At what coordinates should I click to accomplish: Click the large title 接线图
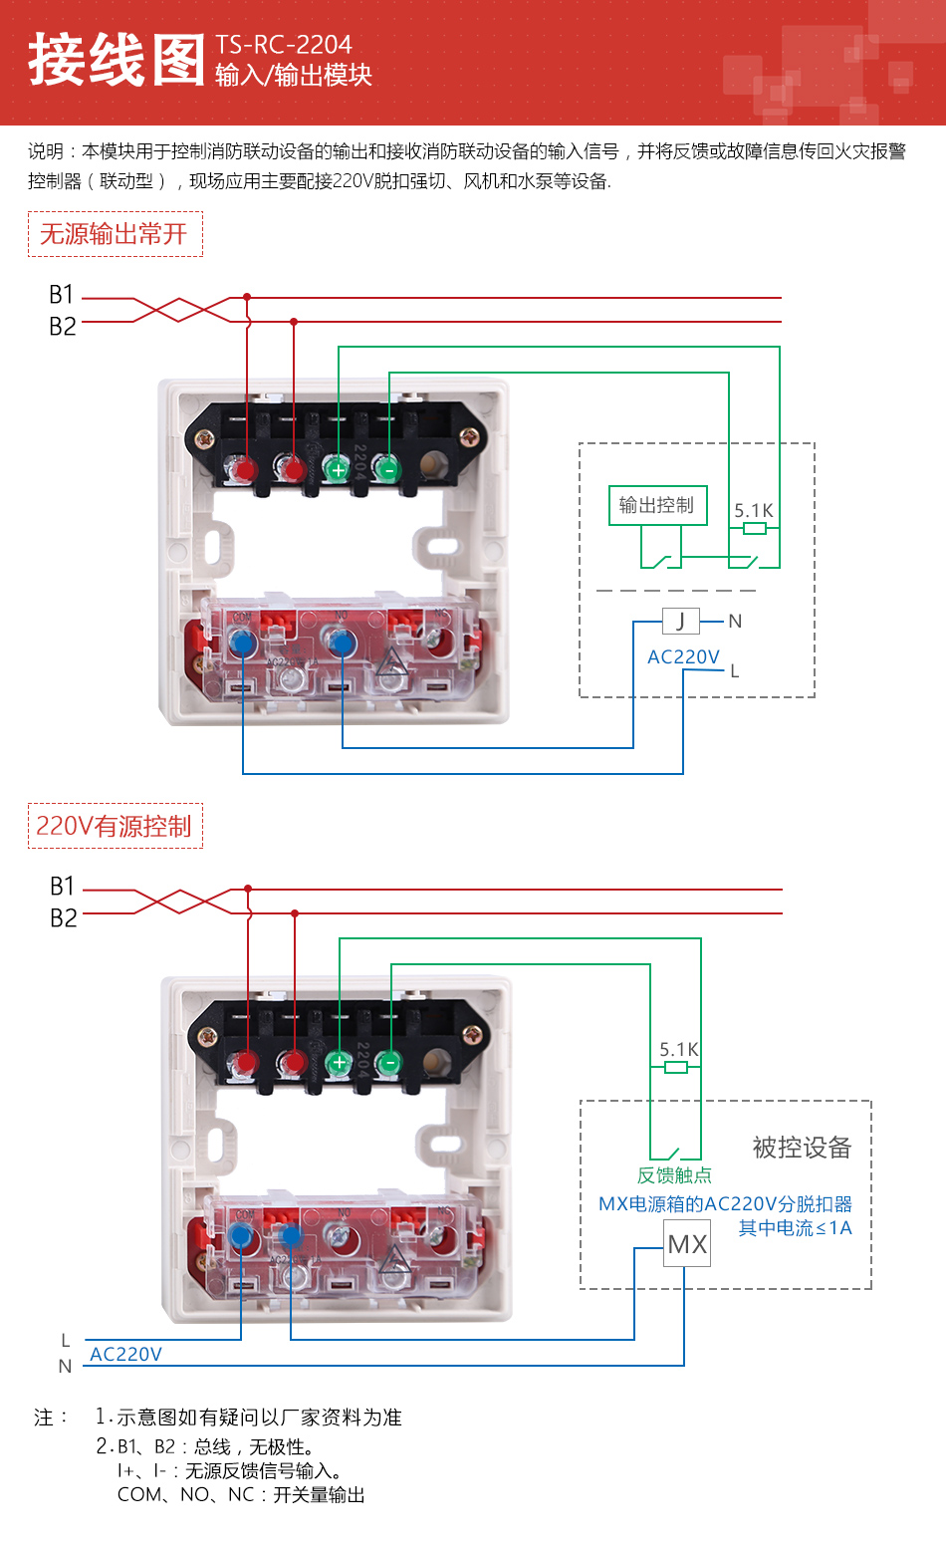(116, 60)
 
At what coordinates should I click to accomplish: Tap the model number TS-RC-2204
(284, 45)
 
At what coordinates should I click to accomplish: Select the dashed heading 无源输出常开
(115, 234)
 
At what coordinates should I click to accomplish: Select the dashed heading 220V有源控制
(115, 826)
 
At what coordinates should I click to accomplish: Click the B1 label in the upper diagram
(62, 295)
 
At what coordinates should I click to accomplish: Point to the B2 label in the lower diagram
(63, 917)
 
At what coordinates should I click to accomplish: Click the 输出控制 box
(657, 505)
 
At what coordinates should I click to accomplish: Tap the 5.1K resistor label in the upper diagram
(754, 511)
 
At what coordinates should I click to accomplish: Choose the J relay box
(681, 622)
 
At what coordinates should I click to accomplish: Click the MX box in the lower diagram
(687, 1244)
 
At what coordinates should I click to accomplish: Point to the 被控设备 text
(802, 1148)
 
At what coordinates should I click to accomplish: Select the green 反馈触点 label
(674, 1175)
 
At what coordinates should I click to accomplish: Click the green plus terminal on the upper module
(339, 469)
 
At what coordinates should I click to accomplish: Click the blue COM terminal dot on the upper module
(243, 645)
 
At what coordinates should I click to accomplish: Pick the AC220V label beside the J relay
(683, 657)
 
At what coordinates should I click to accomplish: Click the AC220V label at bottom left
(125, 1354)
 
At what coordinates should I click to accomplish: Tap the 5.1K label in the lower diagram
(678, 1050)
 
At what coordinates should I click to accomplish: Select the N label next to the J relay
(735, 622)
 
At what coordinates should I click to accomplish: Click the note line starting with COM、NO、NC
(241, 1494)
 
